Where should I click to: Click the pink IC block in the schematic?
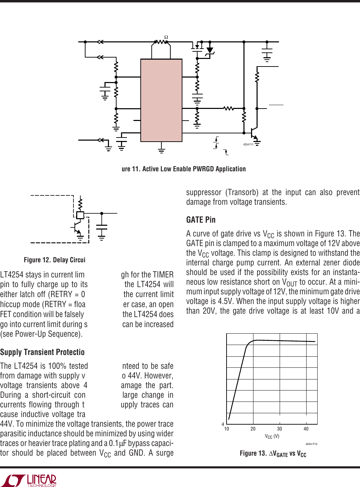pos(161,100)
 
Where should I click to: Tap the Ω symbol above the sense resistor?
pos(166,37)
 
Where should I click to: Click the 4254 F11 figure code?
pos(248,144)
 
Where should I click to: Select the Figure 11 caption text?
pos(183,169)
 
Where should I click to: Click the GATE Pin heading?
pos(201,220)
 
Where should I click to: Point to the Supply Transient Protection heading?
pos(42,352)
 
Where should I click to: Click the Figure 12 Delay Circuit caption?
pos(54,260)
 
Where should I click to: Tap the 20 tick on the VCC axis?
pos(253,429)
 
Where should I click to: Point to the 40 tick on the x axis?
pos(306,429)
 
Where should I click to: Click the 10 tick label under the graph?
pos(227,429)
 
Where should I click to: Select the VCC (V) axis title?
pos(272,436)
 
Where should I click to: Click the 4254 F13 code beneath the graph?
pos(311,444)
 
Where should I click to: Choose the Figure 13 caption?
pos(273,454)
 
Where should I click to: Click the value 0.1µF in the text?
pos(118,443)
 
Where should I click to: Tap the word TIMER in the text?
pos(163,275)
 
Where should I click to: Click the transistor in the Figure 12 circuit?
pos(77,227)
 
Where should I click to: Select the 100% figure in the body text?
pos(57,366)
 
